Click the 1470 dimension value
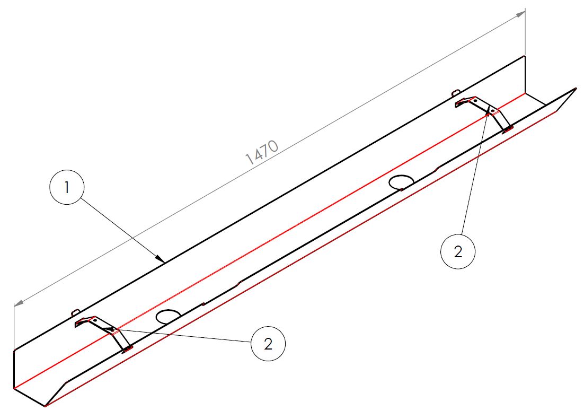point(262,152)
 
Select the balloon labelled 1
point(67,187)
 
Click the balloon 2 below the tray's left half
point(268,343)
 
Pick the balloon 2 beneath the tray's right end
point(458,251)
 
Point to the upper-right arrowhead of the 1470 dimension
point(520,14)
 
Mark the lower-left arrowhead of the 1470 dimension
point(19,303)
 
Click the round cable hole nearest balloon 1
point(168,317)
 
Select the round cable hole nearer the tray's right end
point(401,182)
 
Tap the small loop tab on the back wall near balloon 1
point(76,312)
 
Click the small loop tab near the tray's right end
point(456,92)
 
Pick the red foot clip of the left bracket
point(128,348)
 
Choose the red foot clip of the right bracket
point(508,129)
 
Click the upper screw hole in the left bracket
point(95,320)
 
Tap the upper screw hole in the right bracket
point(475,101)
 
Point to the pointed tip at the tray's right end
point(576,89)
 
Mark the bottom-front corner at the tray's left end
point(45,406)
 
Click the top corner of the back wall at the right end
point(525,56)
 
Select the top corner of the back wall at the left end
point(14,351)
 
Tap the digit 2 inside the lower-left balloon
point(268,344)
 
